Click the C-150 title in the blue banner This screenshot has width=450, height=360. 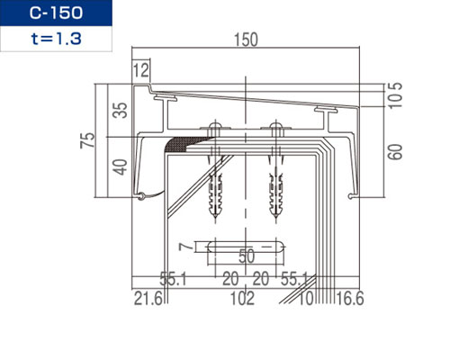tap(56, 13)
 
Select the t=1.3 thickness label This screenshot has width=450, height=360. tap(56, 39)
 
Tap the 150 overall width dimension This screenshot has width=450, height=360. tap(246, 40)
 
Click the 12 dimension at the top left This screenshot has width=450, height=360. tap(140, 70)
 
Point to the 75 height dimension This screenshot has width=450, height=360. tap(87, 140)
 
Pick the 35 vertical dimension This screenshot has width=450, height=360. tap(120, 111)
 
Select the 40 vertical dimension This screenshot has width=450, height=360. tap(120, 167)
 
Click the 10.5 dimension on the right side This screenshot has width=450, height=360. tap(394, 95)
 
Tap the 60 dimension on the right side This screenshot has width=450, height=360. tap(394, 152)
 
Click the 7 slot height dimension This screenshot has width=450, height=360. tap(185, 247)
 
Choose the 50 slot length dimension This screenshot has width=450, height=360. tap(247, 256)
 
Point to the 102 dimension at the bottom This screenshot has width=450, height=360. tap(242, 299)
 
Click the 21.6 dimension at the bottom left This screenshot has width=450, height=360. tap(148, 299)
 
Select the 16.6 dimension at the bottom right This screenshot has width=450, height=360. tap(349, 299)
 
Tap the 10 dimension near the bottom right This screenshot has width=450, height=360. tap(306, 299)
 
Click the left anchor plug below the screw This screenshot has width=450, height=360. tap(215, 195)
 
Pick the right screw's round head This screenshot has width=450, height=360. tap(275, 124)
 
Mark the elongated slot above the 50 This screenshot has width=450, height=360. tap(246, 247)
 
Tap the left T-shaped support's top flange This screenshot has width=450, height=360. tap(166, 97)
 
